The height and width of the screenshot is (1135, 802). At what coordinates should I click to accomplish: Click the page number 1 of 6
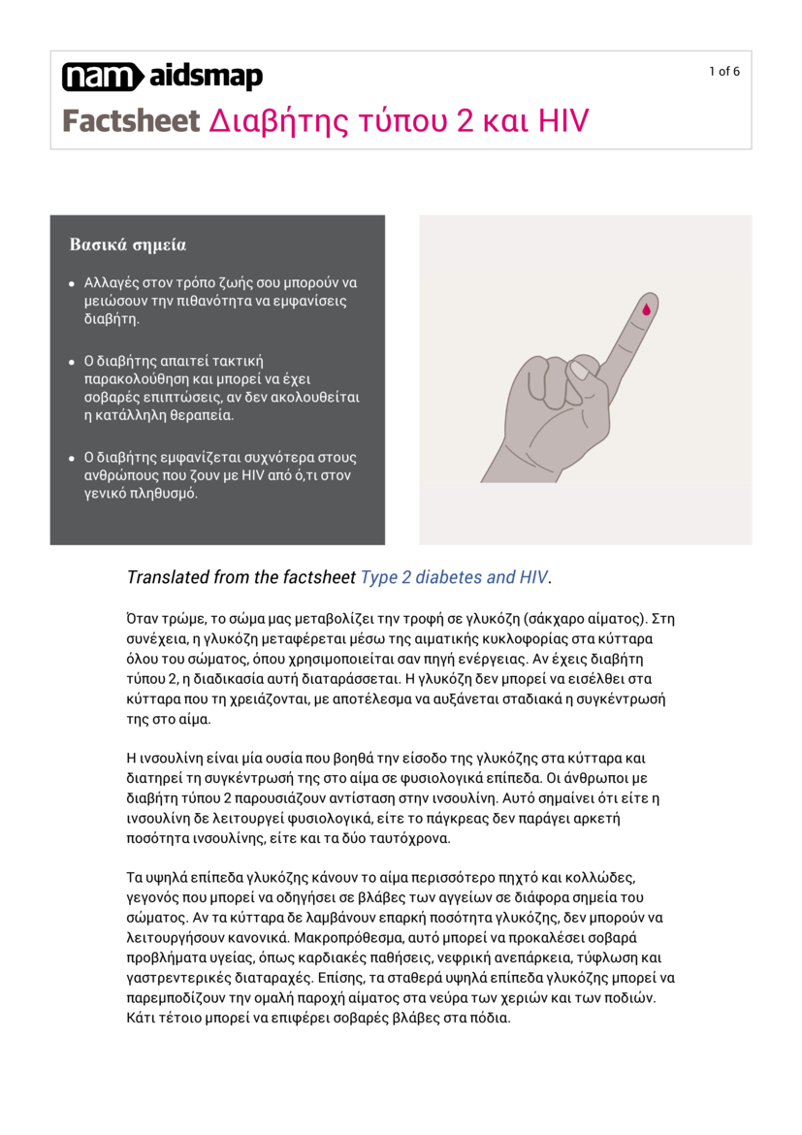pyautogui.click(x=723, y=71)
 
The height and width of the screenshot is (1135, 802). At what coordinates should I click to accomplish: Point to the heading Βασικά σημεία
pyautogui.click(x=127, y=244)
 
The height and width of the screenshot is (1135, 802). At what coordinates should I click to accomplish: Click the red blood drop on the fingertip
pyautogui.click(x=646, y=308)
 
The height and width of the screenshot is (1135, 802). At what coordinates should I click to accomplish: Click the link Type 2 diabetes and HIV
pyautogui.click(x=454, y=577)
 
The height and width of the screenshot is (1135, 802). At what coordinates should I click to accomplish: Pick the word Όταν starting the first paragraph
pyautogui.click(x=144, y=618)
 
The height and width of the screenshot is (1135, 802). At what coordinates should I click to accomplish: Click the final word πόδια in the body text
pyautogui.click(x=489, y=1018)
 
